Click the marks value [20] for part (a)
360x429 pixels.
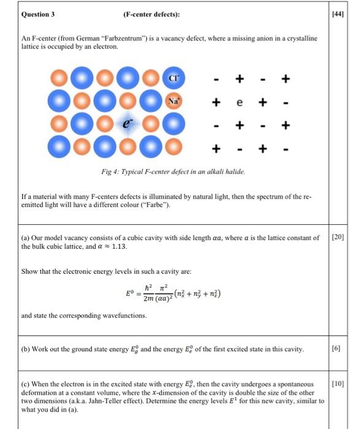(339, 237)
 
